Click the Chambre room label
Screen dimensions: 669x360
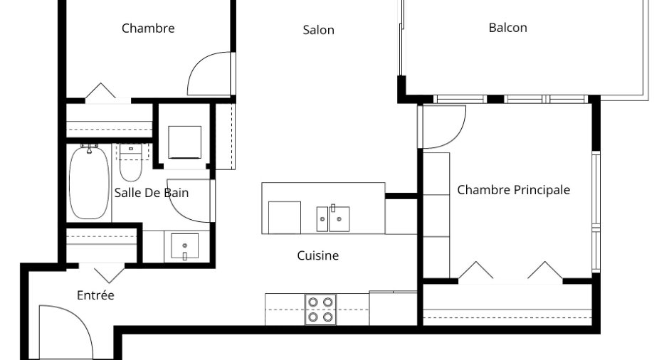pos(148,28)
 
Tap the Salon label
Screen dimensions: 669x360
pos(318,30)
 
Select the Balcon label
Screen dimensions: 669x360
pos(507,28)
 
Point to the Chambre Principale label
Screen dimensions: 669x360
pos(513,190)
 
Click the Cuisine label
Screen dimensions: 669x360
pos(318,255)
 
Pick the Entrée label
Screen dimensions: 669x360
pos(95,295)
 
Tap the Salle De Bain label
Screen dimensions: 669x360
pos(152,193)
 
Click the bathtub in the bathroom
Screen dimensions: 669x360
pos(89,182)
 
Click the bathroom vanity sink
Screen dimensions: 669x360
pos(185,246)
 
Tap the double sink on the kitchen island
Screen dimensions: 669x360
pos(333,219)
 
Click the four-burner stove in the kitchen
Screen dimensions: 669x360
pos(320,309)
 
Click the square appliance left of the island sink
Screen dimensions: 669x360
pos(285,218)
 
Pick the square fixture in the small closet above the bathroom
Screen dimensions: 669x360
pos(185,142)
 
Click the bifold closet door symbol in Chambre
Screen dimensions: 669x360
pos(100,90)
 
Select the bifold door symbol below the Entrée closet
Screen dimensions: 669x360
pos(109,274)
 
